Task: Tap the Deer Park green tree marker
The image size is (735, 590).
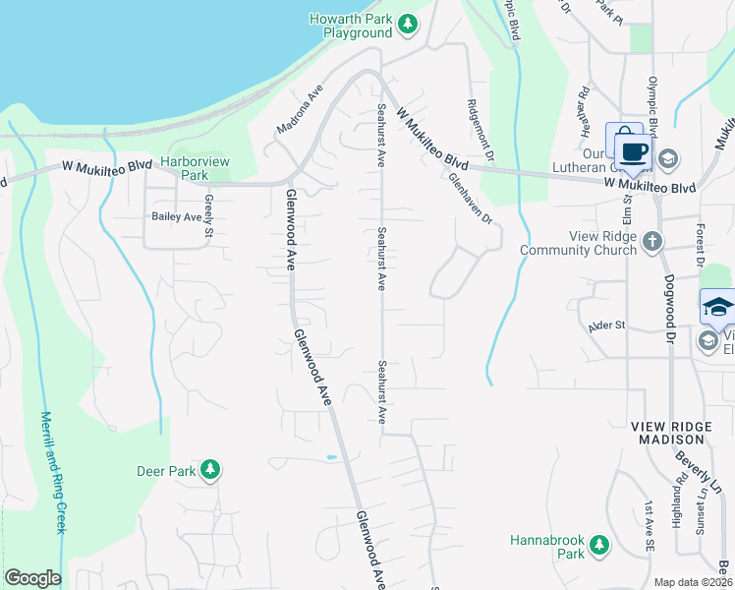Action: (209, 471)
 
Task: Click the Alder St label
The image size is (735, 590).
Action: (606, 325)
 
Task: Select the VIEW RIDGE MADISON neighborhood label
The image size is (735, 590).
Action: (673, 433)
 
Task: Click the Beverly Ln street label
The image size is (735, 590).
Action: (700, 472)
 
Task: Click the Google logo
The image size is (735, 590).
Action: (32, 578)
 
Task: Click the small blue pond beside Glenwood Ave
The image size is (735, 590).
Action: (330, 458)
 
